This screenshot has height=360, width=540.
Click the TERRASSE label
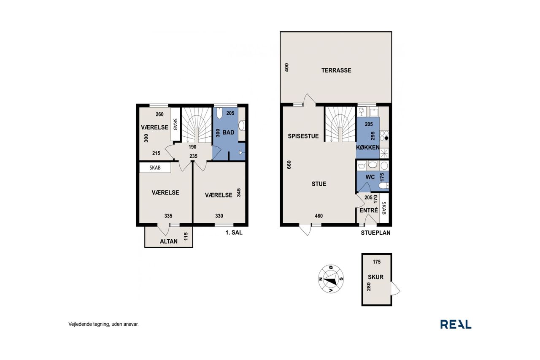coord(336,70)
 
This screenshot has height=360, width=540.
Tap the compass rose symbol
coord(331,279)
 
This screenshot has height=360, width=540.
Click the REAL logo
coord(456,324)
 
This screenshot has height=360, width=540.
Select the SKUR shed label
coord(375,277)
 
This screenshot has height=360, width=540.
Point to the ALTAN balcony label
coord(168,241)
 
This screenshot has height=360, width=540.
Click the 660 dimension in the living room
coord(289,165)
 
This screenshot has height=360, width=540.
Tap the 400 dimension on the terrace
coord(286,67)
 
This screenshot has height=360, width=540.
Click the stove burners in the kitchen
coord(384,135)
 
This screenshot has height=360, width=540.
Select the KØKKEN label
coord(367,147)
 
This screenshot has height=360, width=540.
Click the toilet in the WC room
coord(383,185)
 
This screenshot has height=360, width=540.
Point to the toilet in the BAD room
coord(219,113)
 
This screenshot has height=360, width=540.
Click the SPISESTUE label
coord(303,136)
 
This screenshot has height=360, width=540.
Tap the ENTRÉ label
coord(369,210)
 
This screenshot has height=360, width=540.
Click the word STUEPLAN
coord(375,233)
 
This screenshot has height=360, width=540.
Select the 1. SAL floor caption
coord(234,233)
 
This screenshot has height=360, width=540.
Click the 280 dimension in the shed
coord(369,287)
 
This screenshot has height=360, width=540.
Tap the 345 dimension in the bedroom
coord(239,192)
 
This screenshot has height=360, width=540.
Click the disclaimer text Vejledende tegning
coord(88,324)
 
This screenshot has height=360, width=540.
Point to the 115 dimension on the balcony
coord(186,236)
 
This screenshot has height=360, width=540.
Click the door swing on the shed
coord(395,288)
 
